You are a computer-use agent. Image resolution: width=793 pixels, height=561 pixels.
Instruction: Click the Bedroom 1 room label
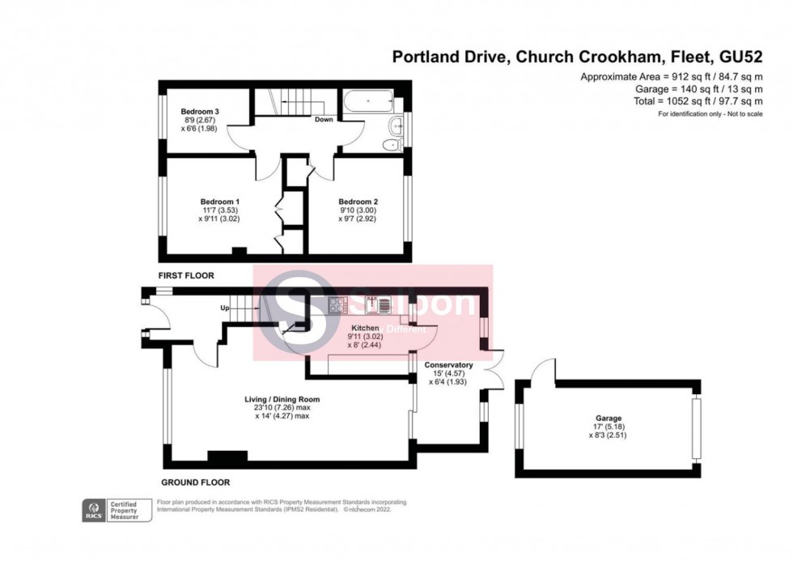click(x=220, y=202)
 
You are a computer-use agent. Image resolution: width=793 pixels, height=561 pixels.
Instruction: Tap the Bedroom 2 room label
click(x=358, y=202)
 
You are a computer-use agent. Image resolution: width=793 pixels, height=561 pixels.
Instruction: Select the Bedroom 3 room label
click(x=200, y=111)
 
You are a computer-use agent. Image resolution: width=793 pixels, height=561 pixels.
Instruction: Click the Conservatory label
click(x=448, y=365)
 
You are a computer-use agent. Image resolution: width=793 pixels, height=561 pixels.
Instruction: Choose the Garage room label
click(x=608, y=419)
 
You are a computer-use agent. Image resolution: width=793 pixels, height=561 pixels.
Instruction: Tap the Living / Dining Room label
click(x=282, y=399)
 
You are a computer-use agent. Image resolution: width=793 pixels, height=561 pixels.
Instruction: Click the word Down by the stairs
click(x=324, y=120)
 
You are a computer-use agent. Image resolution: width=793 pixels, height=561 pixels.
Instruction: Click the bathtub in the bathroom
click(x=369, y=103)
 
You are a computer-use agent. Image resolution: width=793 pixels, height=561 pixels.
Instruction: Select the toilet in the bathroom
click(x=392, y=145)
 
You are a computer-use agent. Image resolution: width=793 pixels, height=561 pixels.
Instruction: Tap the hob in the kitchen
click(x=337, y=305)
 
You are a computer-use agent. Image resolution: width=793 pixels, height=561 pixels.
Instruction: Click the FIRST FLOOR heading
click(x=186, y=276)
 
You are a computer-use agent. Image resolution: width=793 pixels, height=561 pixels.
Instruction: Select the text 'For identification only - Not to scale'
click(x=710, y=114)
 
